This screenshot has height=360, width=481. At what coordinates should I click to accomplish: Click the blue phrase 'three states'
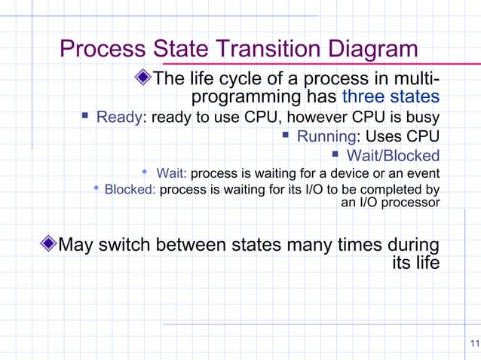pos(391,97)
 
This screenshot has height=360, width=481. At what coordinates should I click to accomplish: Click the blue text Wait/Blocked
pos(392,156)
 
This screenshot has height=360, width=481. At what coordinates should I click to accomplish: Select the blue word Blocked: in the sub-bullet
pos(130,189)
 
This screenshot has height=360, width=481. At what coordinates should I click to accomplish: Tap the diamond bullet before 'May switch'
pos(48,244)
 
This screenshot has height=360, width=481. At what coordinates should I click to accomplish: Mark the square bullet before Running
pos(286,136)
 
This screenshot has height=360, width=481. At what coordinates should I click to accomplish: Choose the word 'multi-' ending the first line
pos(415,79)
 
